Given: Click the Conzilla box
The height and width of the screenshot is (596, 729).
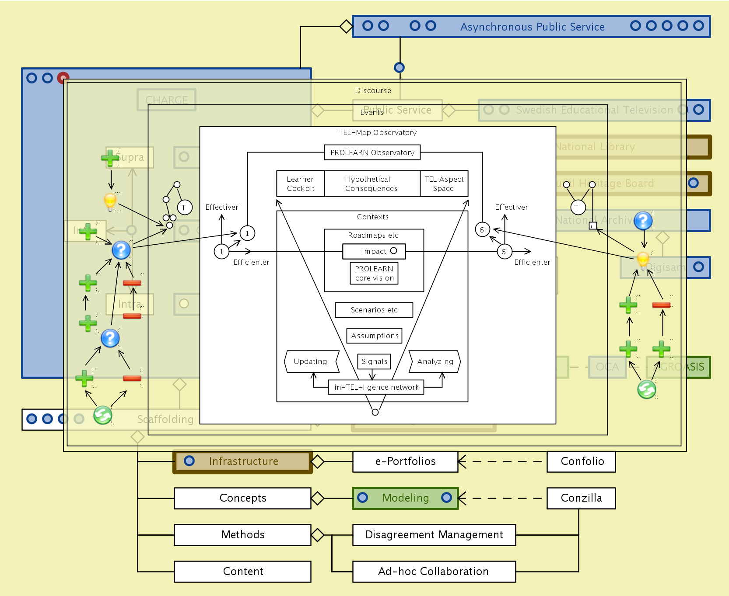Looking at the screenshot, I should coord(581,498).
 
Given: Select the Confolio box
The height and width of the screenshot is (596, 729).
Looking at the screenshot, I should coord(581,461).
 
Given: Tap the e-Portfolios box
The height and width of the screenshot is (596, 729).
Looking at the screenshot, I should coord(405,461).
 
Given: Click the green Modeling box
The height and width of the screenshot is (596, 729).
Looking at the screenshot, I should coord(405,498).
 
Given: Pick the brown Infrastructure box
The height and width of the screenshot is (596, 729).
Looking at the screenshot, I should coord(243,461).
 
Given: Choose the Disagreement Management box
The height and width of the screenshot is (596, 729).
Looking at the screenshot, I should coord(434,535).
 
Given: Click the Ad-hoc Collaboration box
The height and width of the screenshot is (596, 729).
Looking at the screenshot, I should coord(434,572).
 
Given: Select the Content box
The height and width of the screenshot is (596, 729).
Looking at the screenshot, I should coord(243,572).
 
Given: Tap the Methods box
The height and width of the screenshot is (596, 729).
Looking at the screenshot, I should coord(243,535).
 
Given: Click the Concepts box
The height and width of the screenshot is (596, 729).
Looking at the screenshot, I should coord(243,498).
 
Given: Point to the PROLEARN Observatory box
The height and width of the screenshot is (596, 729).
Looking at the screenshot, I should coord(372,152).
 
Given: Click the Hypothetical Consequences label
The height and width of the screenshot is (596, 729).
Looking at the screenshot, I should coord(371,184).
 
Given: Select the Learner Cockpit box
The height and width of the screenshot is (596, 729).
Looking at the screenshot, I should coord(301,184).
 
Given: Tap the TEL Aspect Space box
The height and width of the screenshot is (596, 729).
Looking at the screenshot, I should coord(444,184).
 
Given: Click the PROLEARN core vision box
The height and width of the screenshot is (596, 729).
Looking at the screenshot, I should coord(374,274).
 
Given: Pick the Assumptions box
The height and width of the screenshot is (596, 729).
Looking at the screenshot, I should coord(375,336).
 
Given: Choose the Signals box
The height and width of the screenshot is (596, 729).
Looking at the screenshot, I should coord(374,361).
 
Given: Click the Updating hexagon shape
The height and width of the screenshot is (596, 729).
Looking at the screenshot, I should coord(311,361).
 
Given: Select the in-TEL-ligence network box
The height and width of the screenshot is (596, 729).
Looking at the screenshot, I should coord(376,387).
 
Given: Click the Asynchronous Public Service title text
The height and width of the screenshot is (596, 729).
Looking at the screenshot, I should coord(532,27).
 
